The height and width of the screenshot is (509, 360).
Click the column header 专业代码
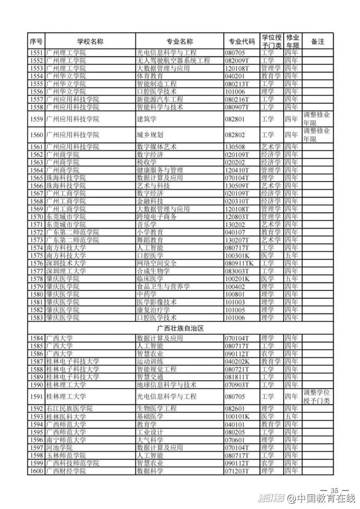(242, 42)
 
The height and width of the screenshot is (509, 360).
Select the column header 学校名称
(90, 42)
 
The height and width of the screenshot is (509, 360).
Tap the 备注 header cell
(317, 42)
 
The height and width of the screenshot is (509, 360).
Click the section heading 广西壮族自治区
(180, 329)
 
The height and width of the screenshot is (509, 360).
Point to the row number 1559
(37, 119)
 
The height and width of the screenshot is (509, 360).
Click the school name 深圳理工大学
(66, 271)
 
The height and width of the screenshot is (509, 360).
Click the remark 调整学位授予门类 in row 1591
(317, 396)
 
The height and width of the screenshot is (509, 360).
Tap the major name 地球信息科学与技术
(166, 385)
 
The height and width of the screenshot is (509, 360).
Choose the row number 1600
(37, 471)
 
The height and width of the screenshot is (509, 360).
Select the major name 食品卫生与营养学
(163, 287)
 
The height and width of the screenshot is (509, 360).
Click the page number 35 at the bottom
(334, 490)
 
